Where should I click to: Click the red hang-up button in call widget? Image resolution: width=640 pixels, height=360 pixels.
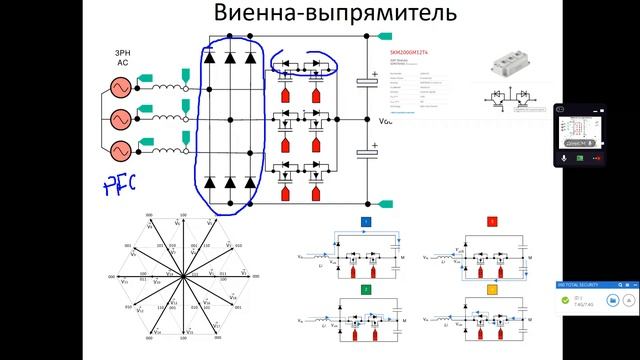click(598, 157)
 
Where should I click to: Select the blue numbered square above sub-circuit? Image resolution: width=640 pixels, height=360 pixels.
click(366, 220)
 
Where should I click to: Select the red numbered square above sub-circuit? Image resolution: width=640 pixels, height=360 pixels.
click(491, 220)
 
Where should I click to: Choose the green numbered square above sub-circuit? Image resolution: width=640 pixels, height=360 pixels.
click(366, 288)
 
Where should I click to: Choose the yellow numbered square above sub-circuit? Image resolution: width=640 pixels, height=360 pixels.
click(491, 288)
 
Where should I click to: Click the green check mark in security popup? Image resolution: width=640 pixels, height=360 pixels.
click(566, 299)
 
